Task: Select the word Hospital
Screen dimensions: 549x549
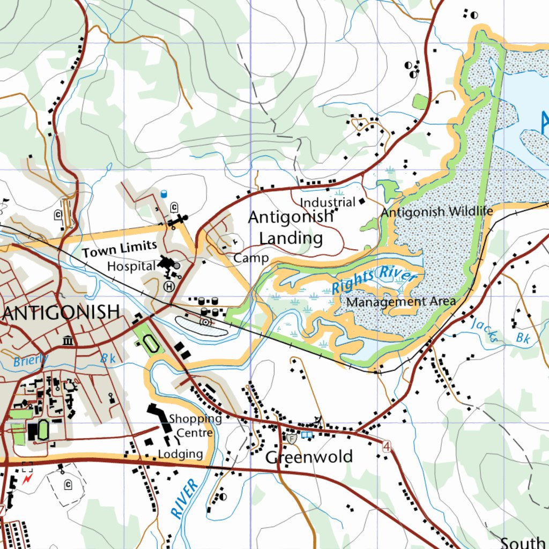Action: coord(131,266)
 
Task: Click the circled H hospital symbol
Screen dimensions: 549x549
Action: coord(169,286)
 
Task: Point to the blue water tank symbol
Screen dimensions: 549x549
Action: coord(164,194)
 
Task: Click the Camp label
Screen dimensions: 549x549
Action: coord(251,258)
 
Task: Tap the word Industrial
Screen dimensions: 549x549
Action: coord(328,203)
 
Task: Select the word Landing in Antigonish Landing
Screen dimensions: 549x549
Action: coord(291,238)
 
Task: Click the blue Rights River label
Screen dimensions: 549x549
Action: coord(374,280)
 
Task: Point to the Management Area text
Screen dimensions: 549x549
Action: coord(401,302)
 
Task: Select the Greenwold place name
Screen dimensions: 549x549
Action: coord(309,457)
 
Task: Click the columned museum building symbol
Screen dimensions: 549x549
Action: coord(68,340)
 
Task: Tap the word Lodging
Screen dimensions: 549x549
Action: coord(181,454)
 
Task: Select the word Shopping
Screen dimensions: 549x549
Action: coord(195,419)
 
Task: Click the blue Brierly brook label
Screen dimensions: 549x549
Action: coord(30,360)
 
